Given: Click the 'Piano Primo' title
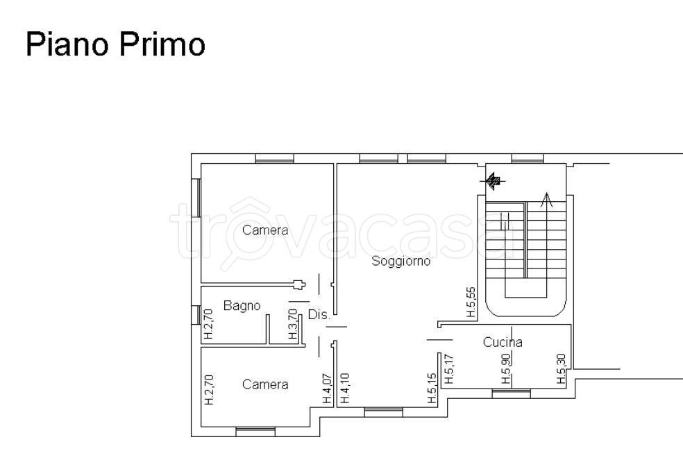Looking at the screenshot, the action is [115, 44].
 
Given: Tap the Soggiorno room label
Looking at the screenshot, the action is [400, 262].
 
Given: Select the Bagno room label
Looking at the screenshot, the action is [242, 306].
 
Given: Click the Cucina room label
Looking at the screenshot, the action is [503, 342].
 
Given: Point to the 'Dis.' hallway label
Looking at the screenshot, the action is [319, 314].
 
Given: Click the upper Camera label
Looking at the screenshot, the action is [265, 230].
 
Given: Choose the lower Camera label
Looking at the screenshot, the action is [265, 384].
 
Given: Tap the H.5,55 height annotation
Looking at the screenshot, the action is [471, 302].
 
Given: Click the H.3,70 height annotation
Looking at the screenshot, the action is [293, 324].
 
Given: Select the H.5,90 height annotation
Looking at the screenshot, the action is [506, 368].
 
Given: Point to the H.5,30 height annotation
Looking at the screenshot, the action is [562, 368].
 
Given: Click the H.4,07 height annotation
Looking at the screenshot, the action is [327, 389].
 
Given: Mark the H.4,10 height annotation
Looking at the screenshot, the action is [344, 388].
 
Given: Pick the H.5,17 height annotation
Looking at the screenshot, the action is [449, 368].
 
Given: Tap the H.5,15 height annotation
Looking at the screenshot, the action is [432, 388].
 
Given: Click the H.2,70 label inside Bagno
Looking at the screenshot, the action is [208, 324].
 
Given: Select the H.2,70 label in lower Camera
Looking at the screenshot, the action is [209, 390].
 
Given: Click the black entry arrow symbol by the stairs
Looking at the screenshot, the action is [493, 180].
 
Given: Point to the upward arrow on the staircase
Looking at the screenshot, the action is [546, 200].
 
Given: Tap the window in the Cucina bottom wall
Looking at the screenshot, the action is [512, 393].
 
